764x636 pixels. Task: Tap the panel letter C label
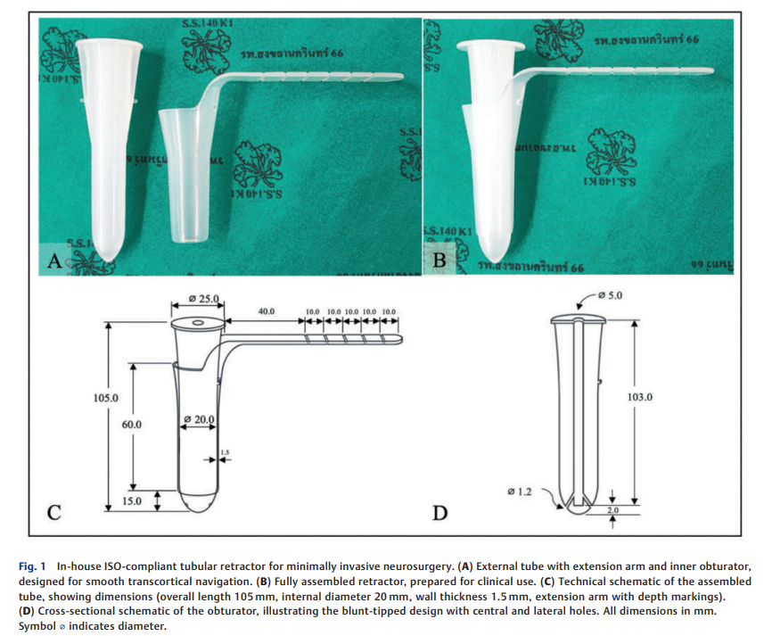[x=53, y=512]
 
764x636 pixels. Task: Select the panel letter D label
[x=439, y=513]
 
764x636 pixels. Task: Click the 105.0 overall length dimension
[x=106, y=397]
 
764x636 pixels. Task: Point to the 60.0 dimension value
[x=132, y=425]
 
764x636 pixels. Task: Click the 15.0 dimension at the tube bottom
[x=132, y=501]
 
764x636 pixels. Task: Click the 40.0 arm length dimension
[x=266, y=312]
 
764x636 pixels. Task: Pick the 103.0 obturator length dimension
[x=640, y=397]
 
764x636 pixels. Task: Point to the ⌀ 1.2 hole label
[x=518, y=491]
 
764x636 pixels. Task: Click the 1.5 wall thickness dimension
[x=225, y=452]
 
